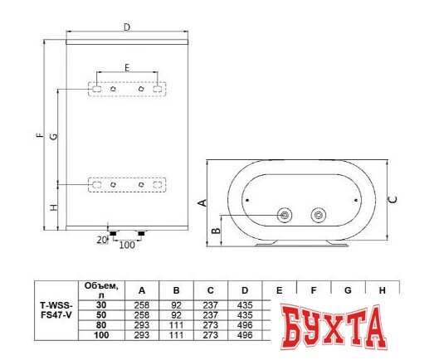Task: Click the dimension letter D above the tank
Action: coord(126,27)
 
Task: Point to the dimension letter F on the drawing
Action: coord(39,136)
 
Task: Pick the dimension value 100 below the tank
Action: coord(127,246)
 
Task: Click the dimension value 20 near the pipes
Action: coord(101,241)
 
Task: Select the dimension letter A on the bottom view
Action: coord(202,202)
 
